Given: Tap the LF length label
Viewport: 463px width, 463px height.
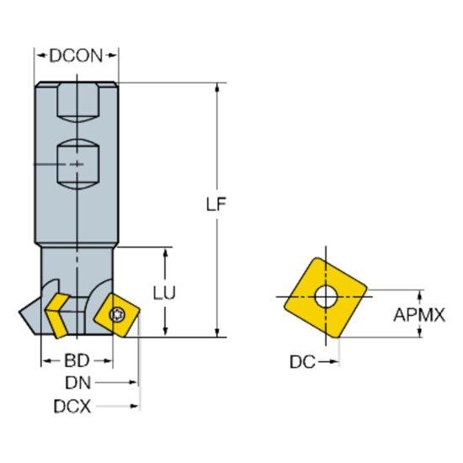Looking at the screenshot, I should tap(218, 205).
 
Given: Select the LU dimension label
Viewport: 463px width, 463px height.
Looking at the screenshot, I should tap(165, 293).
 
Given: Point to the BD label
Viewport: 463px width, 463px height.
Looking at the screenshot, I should tap(77, 361).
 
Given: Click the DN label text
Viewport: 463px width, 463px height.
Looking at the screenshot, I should tap(77, 383).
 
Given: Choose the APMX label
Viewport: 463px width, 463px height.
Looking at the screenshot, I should tap(419, 316).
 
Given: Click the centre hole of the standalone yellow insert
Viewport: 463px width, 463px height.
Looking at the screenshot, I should tap(324, 296).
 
